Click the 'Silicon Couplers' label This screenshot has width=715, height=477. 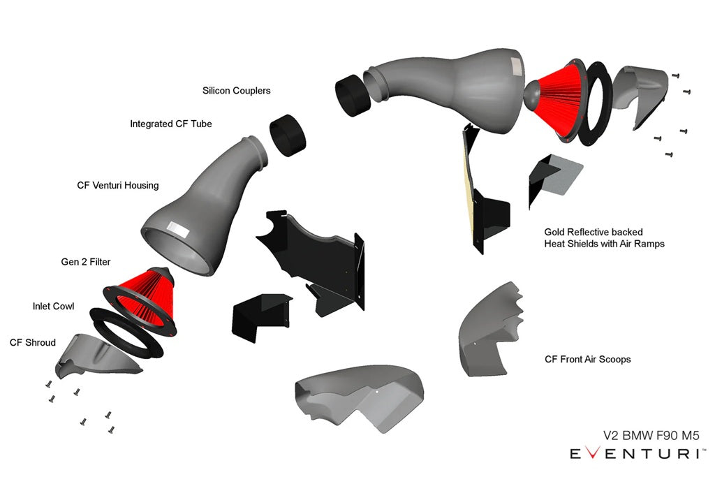[236, 91]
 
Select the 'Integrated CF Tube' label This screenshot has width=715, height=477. [170, 124]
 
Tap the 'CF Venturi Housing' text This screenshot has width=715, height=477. [117, 186]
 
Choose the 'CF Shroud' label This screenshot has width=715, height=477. [32, 343]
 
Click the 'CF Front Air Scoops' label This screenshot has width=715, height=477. [587, 360]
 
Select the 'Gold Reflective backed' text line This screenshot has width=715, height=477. [594, 231]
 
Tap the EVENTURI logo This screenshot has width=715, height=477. [635, 454]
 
